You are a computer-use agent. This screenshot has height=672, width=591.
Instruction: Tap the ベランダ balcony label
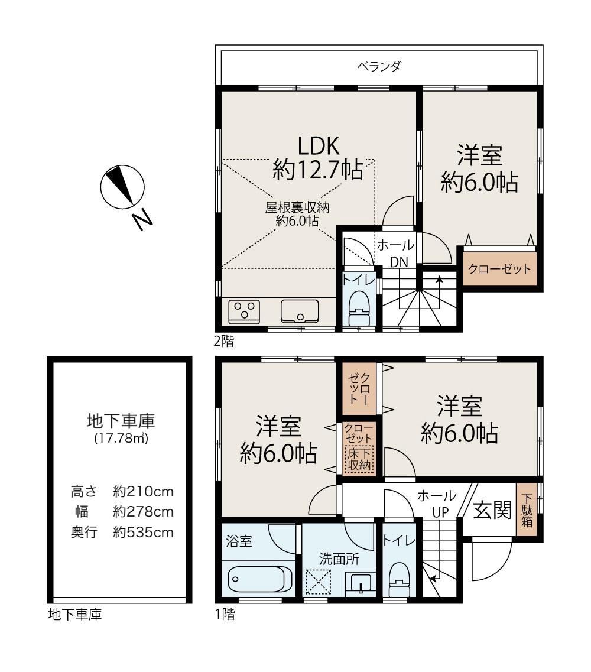379,66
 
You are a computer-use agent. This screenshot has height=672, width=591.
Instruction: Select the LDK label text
319,146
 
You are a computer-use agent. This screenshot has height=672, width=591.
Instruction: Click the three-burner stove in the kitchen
244,311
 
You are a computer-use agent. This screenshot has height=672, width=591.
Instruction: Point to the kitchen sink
300,311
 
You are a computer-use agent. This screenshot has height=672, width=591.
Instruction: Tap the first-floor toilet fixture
399,579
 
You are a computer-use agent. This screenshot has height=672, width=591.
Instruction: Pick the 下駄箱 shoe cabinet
527,510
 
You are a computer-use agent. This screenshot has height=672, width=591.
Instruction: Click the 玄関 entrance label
493,510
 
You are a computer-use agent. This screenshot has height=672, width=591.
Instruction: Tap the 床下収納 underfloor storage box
359,460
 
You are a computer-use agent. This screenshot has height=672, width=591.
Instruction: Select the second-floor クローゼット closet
499,269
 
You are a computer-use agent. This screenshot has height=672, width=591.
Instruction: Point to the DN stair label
398,262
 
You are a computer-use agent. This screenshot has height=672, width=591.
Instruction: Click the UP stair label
440,512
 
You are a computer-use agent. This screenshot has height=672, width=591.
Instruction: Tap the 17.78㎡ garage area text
121,439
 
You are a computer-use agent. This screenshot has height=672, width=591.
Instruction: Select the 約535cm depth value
143,533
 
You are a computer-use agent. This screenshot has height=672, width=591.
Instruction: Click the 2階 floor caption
225,341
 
